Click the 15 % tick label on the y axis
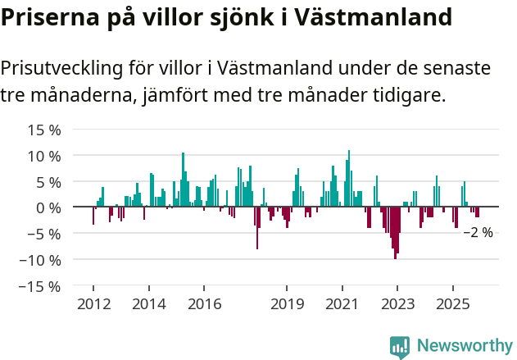point(44,130)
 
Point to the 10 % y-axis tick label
point(44,156)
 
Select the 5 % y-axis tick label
point(48,181)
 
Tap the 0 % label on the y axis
point(48,207)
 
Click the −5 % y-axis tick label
point(44,234)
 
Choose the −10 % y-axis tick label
point(41,260)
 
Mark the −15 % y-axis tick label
point(41,286)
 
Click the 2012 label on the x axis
point(93,304)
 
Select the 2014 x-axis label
point(149,304)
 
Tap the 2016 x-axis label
point(205,304)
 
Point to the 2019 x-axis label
point(287,304)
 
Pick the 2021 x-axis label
point(342,304)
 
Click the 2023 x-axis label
point(397,304)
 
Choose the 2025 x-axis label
point(453,304)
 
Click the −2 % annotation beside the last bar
point(478,233)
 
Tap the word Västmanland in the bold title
point(383,16)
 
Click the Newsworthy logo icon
point(400,346)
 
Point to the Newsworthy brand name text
point(464,346)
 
